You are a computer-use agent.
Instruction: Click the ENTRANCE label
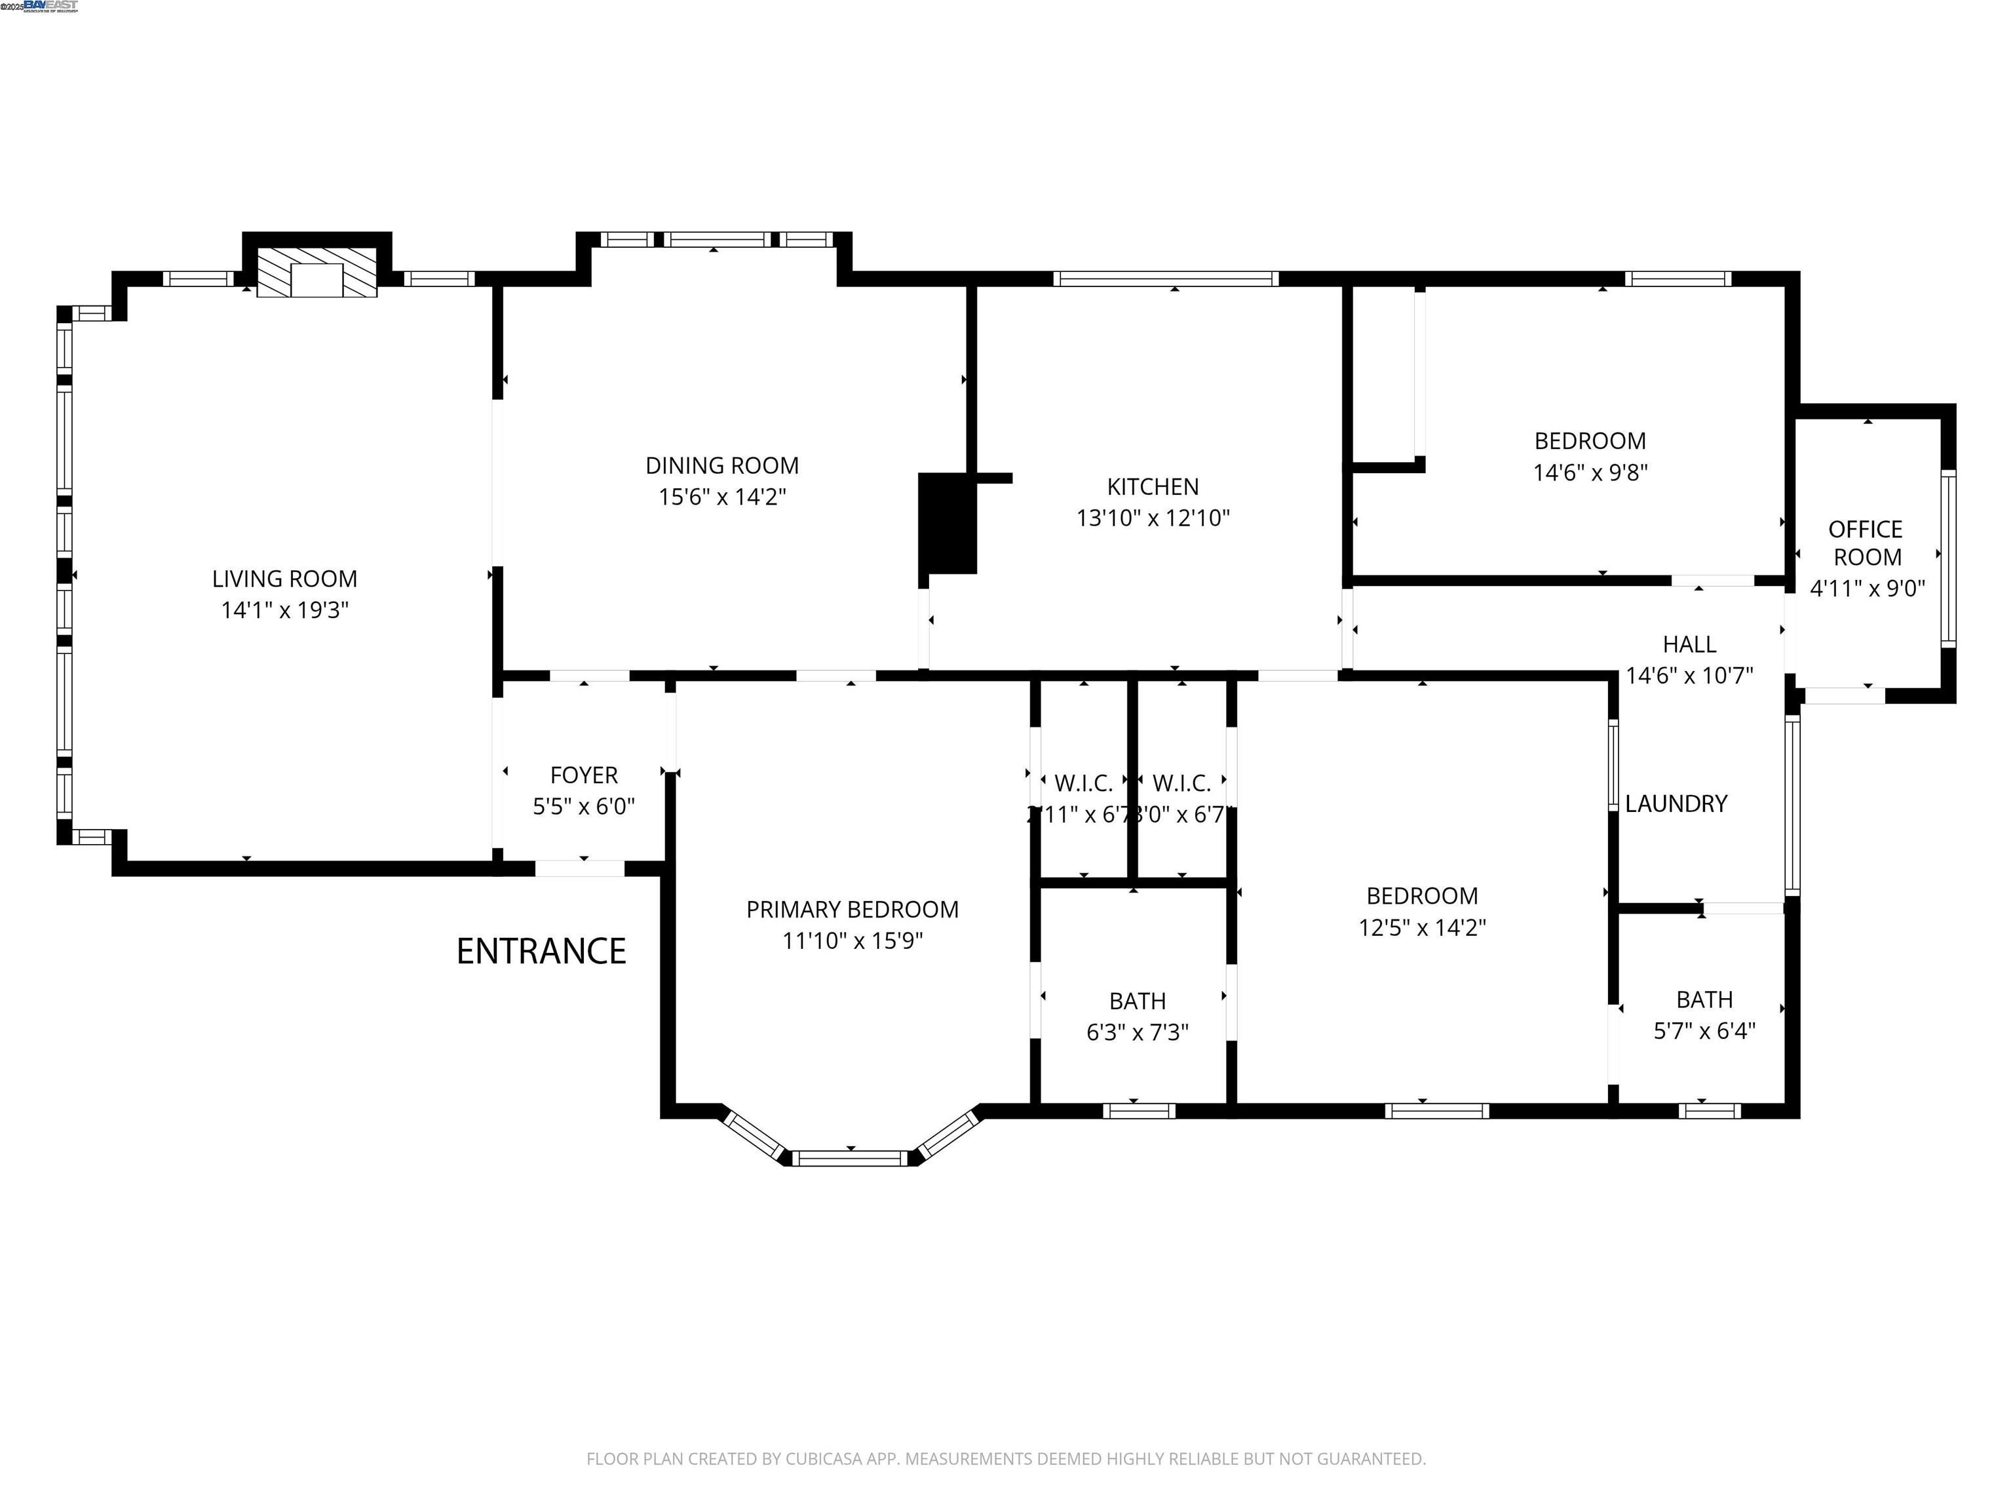pos(541,951)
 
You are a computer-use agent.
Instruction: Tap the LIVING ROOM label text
pos(285,579)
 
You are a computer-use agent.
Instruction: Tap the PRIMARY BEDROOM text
pos(852,909)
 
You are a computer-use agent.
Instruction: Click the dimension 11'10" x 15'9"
pos(852,940)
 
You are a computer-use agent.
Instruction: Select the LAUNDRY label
pos(1676,803)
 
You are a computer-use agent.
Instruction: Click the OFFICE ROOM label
pos(1866,543)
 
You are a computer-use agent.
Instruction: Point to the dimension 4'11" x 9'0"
pos(1866,588)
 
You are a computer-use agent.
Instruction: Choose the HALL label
pos(1689,644)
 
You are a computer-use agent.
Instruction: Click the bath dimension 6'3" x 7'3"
pos(1137,1032)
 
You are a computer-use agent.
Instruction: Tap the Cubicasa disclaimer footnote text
pos(1006,1458)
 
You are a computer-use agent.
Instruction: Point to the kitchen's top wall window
pos(1165,279)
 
